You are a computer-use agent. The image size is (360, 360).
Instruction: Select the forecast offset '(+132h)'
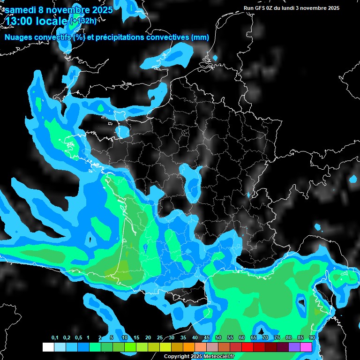point(83,21)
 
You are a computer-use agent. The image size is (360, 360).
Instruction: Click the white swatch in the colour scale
point(48,347)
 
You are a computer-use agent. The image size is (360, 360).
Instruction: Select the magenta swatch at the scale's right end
point(306,347)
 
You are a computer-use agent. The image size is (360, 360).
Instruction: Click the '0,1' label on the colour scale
point(55,338)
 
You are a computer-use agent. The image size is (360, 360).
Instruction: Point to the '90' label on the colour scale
point(312,338)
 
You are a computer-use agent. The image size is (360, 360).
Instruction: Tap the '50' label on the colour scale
point(218,338)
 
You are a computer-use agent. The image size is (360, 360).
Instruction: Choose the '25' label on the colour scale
point(160,338)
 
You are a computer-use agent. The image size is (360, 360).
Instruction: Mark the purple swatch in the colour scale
point(294,347)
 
